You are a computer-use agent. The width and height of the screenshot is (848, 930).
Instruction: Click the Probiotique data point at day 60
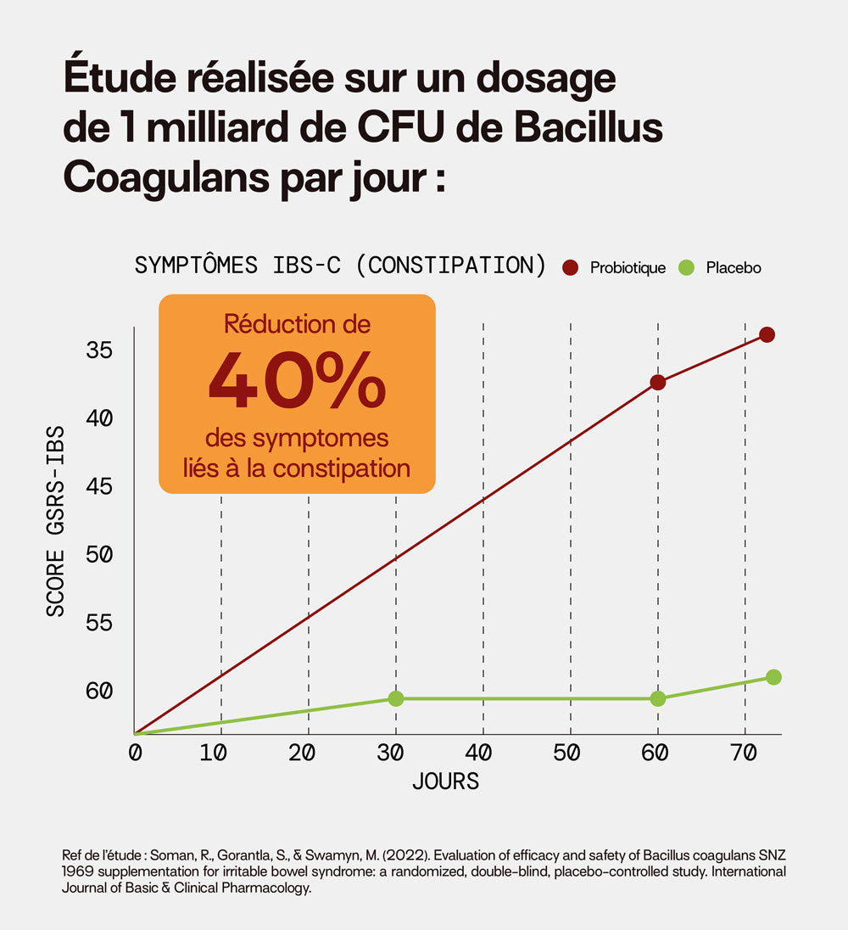(657, 383)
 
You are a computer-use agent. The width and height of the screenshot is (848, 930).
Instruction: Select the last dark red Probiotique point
(767, 334)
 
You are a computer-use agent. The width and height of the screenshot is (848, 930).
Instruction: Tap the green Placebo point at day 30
(395, 698)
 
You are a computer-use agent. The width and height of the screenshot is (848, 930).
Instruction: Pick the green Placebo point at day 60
(657, 698)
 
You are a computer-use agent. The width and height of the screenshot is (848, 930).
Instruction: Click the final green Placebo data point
(773, 676)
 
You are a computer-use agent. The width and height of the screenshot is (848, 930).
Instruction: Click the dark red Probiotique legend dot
(571, 268)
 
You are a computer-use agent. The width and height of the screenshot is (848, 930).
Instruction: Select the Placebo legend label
(734, 268)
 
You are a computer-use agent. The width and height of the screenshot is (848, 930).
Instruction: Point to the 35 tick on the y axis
(99, 350)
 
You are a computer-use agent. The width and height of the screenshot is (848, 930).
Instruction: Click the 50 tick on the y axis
(99, 554)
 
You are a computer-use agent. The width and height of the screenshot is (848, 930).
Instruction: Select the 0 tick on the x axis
(134, 753)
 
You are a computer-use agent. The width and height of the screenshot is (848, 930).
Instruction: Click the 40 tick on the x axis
(480, 753)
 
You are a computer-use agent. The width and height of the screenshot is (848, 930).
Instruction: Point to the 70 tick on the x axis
(743, 753)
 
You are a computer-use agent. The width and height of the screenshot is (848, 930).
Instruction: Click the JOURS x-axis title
(446, 782)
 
